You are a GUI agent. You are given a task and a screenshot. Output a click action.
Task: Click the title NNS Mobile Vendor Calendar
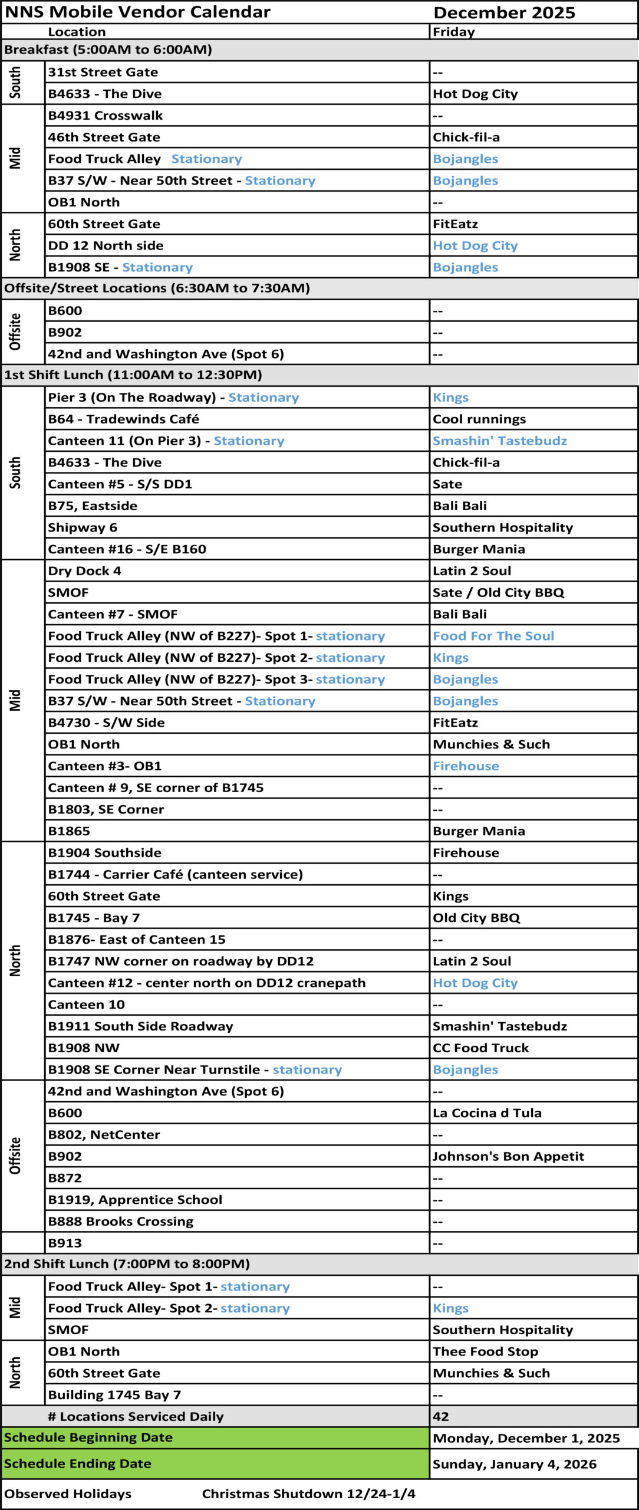pyautogui.click(x=137, y=12)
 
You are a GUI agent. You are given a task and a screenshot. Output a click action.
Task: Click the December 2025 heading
pyautogui.click(x=504, y=13)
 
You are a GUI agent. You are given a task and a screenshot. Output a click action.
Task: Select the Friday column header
pyautogui.click(x=453, y=32)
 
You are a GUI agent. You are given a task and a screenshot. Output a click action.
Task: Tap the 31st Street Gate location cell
pyautogui.click(x=103, y=72)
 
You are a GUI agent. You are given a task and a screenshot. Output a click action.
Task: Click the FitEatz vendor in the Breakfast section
pyautogui.click(x=455, y=224)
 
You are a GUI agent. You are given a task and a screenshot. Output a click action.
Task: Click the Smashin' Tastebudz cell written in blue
pyautogui.click(x=499, y=441)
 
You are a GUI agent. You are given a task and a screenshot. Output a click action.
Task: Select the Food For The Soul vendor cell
pyautogui.click(x=493, y=636)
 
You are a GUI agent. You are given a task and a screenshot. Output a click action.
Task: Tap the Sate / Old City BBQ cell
pyautogui.click(x=498, y=593)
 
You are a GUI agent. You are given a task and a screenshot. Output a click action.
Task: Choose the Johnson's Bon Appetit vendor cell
pyautogui.click(x=508, y=1156)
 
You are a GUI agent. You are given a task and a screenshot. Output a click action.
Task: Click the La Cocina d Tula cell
pyautogui.click(x=487, y=1113)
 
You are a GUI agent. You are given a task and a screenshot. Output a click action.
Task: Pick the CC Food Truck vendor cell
pyautogui.click(x=480, y=1048)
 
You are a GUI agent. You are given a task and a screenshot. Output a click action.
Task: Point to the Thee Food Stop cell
pyautogui.click(x=485, y=1351)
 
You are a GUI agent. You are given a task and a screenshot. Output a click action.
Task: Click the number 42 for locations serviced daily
pyautogui.click(x=441, y=1416)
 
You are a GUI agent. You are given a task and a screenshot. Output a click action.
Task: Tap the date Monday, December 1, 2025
pyautogui.click(x=526, y=1438)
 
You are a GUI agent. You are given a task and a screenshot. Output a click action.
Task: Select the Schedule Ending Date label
pyautogui.click(x=78, y=1463)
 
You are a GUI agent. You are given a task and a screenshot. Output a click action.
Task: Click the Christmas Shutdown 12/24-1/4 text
pyautogui.click(x=308, y=1493)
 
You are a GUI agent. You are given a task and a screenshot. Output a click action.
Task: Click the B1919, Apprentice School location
pyautogui.click(x=135, y=1200)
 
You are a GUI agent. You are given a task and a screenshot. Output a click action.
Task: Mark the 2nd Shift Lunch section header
pyautogui.click(x=127, y=1264)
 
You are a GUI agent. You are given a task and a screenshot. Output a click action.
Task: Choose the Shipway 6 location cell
pyautogui.click(x=83, y=527)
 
